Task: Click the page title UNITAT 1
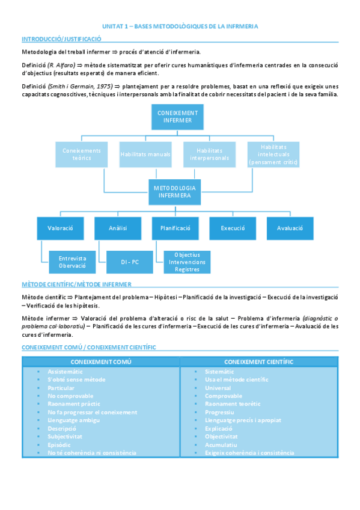tap(180, 26)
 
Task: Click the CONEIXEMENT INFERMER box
tap(177, 116)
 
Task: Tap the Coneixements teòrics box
tap(82, 154)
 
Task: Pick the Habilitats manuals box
tap(145, 155)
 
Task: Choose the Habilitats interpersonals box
tap(209, 154)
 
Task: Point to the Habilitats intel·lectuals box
tap(273, 154)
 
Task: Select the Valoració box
tap(60, 229)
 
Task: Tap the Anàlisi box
tap(118, 229)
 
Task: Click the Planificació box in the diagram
tap(175, 229)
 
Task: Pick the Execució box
tap(233, 229)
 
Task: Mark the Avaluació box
tap(290, 229)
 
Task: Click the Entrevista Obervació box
tap(72, 262)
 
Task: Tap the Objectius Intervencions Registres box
tap(186, 262)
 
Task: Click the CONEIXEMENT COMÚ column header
tap(101, 361)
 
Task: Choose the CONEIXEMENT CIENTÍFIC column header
tap(258, 361)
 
